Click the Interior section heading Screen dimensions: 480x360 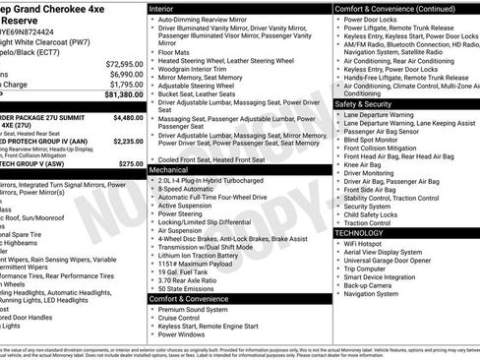pyautogui.click(x=162, y=8)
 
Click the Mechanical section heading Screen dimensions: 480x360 pyautogui.click(x=169, y=170)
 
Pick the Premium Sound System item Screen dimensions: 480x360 pyautogui.click(x=195, y=310)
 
